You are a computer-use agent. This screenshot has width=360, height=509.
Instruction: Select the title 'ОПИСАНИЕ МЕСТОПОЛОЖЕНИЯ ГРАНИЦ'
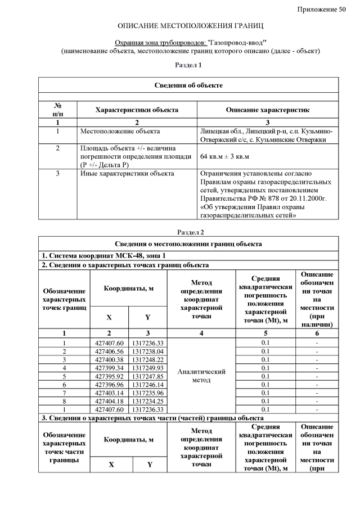click(190, 26)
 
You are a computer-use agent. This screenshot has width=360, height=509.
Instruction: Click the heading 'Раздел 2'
click(190, 232)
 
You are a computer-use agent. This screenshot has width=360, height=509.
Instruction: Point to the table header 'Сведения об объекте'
click(188, 85)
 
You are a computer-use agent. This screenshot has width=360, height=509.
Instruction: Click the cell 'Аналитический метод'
click(201, 376)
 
